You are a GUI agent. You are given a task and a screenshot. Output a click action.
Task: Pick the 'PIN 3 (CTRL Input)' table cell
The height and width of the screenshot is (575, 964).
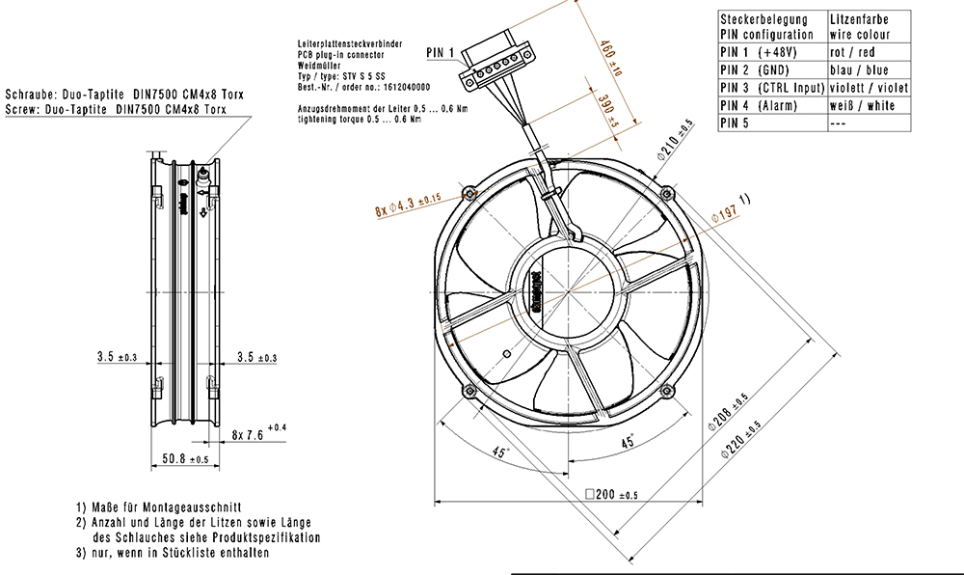click(771, 88)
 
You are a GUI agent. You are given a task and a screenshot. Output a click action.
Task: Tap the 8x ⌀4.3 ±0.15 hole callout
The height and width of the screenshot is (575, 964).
click(406, 205)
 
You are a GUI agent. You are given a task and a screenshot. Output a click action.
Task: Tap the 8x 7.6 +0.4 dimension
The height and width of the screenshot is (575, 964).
click(259, 434)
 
